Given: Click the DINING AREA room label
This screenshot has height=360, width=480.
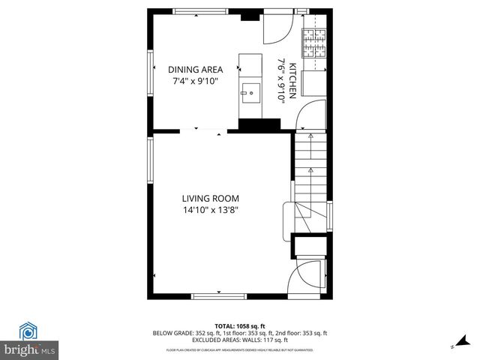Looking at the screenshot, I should pos(195,69).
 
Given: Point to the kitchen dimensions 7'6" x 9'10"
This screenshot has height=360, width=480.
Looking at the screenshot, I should pos(282,79).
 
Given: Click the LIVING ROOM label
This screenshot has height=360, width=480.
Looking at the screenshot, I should pos(210,199).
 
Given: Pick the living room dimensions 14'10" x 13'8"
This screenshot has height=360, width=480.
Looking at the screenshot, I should pos(210,211).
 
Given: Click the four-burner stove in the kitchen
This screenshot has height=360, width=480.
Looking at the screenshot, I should pos(315,43).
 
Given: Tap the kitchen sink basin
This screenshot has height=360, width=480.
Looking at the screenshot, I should pos(250,94).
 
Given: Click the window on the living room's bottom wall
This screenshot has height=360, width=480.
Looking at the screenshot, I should pos(219,296).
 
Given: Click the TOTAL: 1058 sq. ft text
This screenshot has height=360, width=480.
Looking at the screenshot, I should pos(240,326).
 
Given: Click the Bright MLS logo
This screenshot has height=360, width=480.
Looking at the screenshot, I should pos(30,340).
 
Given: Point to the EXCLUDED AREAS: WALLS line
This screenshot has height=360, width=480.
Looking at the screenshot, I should pos(240,339).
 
